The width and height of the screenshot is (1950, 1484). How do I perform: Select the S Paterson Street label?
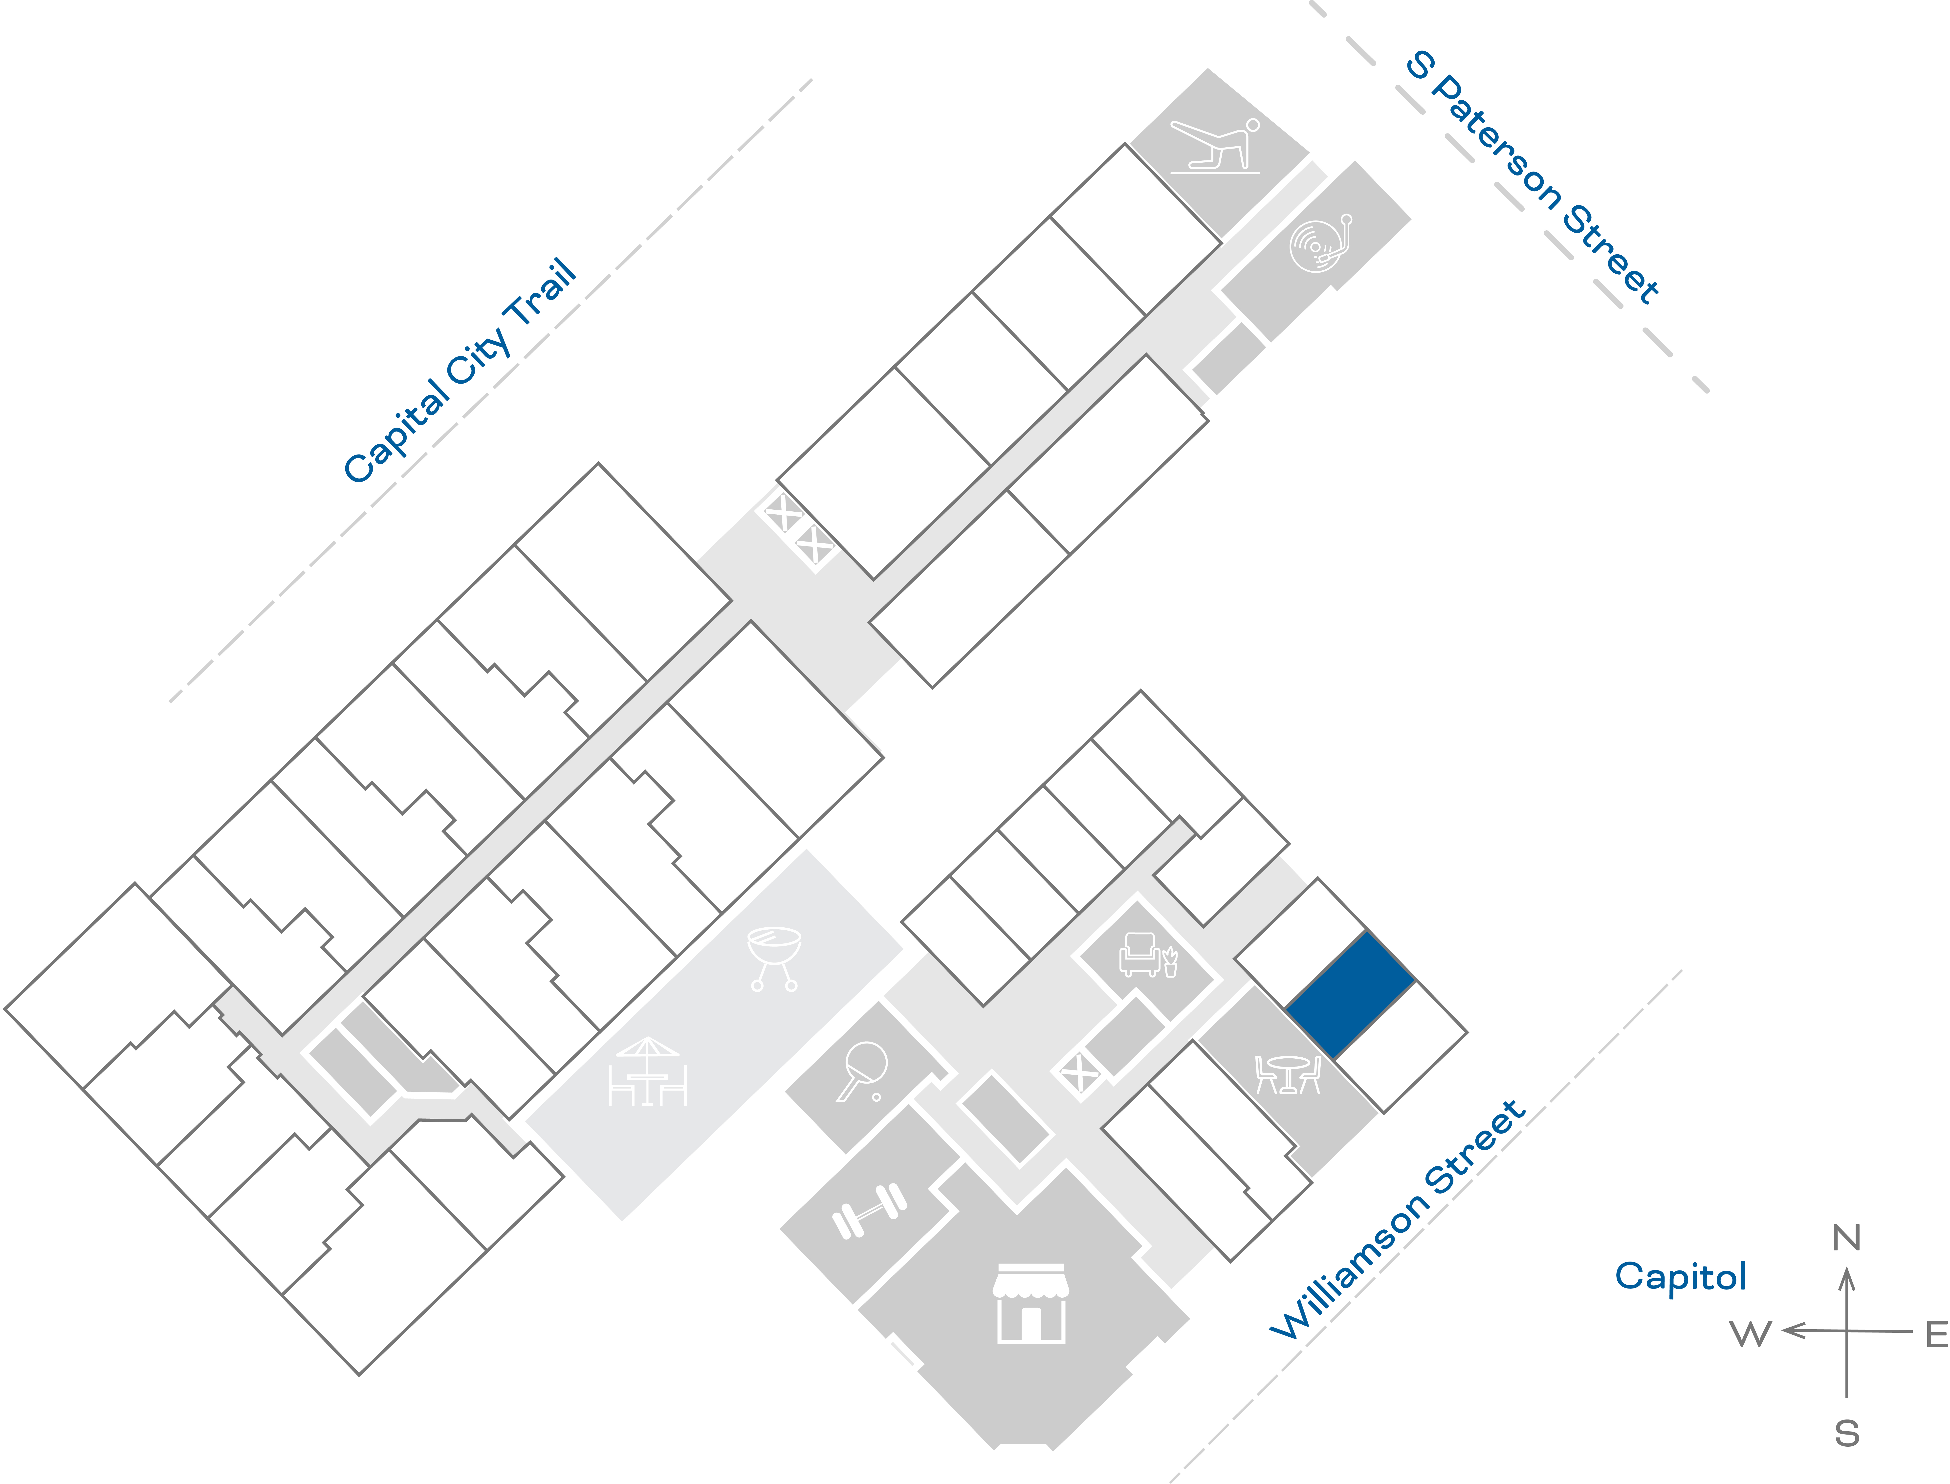1532,177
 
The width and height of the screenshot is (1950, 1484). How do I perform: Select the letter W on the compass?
1751,1334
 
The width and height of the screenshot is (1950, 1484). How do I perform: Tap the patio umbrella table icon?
647,1071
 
